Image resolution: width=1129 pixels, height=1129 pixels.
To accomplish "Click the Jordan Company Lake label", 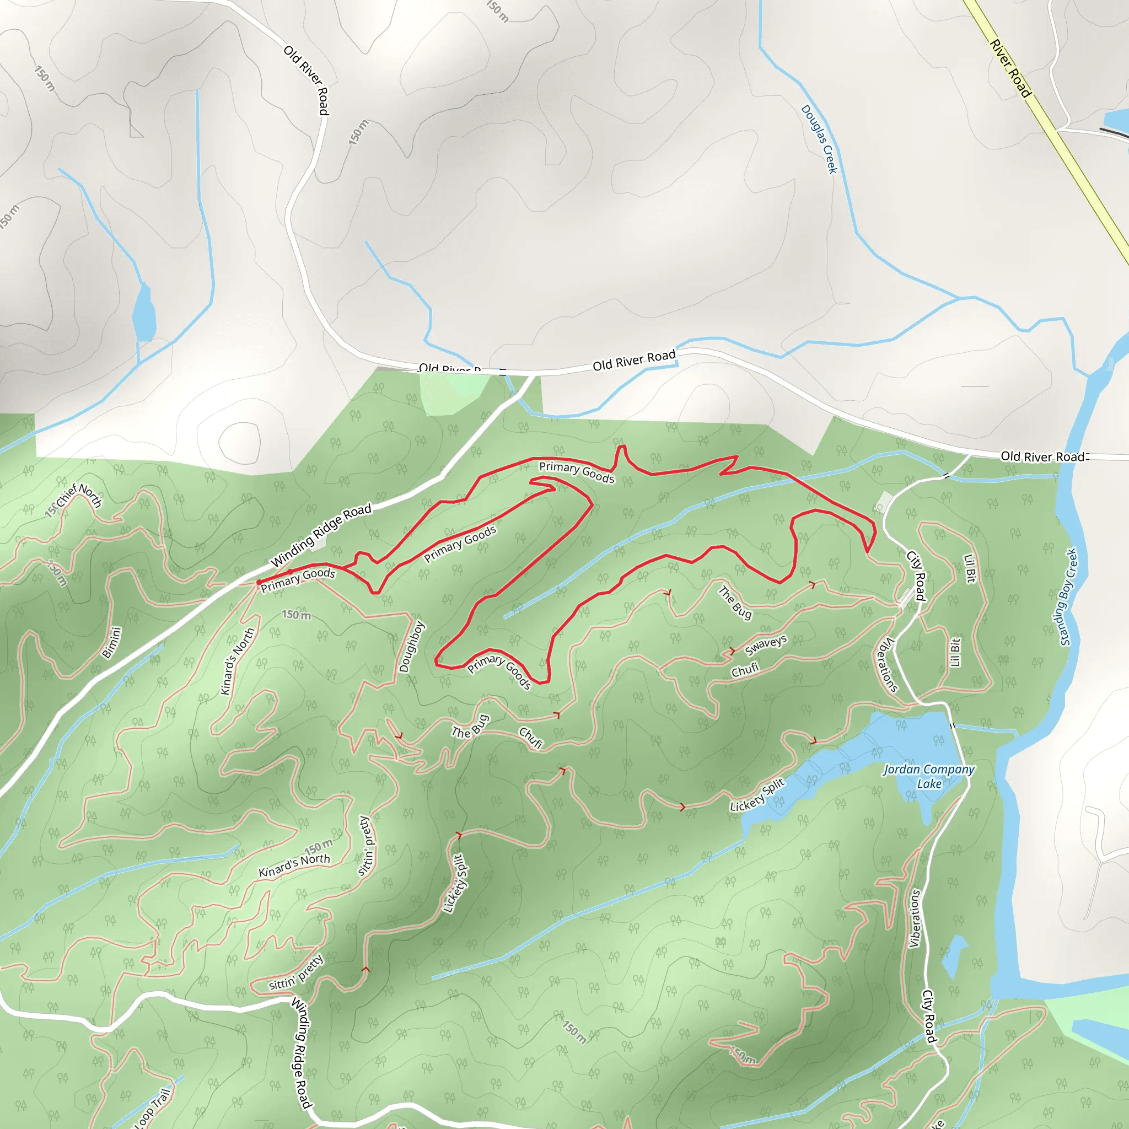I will tap(928, 777).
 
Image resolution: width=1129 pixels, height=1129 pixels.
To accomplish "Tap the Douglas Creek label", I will tap(819, 139).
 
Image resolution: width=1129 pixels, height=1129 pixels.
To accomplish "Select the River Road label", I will tap(1010, 68).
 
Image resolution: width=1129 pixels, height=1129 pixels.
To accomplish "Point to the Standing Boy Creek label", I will tap(1069, 596).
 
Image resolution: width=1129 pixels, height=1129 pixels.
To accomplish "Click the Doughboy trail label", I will tap(411, 646).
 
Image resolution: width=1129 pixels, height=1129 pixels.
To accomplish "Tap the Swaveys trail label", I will tap(766, 645).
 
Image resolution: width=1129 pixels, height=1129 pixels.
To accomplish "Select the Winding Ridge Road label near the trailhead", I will tap(321, 535).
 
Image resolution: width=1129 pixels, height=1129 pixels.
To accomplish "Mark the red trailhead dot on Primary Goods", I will tap(259, 582).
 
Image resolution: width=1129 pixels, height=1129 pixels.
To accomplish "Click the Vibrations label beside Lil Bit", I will tap(888, 665).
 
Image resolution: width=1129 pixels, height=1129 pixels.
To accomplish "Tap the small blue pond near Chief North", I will tap(143, 313).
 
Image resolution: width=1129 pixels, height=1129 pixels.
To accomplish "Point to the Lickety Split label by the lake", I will tap(757, 795).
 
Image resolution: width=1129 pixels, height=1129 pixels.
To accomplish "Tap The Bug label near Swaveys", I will tap(734, 602).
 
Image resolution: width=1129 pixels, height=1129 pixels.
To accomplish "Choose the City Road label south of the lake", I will tap(929, 1016).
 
